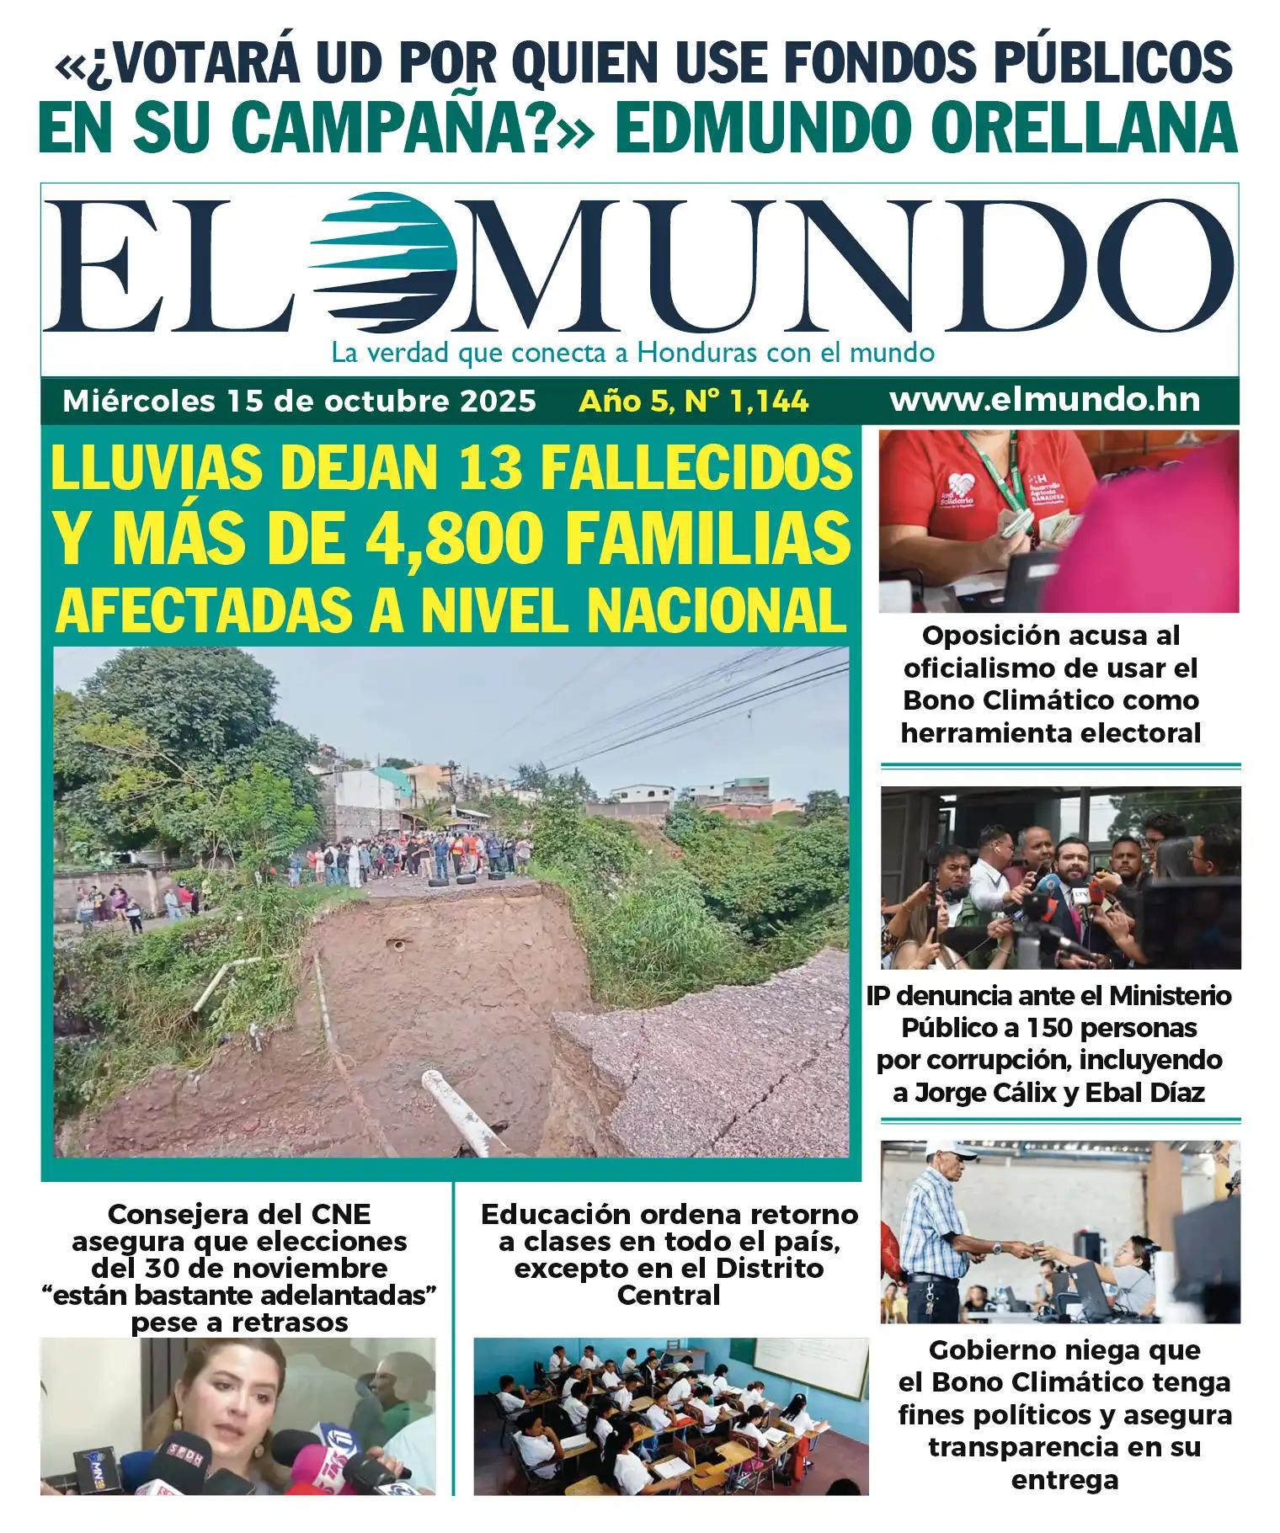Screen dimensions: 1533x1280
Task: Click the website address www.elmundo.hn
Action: [1044, 401]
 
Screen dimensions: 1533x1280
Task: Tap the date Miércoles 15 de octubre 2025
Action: [299, 402]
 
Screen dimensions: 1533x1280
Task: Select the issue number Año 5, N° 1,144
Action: [693, 402]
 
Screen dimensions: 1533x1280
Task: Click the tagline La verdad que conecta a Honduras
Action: [632, 352]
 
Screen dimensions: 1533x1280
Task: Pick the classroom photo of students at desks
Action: [670, 1414]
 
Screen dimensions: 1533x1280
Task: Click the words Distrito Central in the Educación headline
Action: [669, 1281]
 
